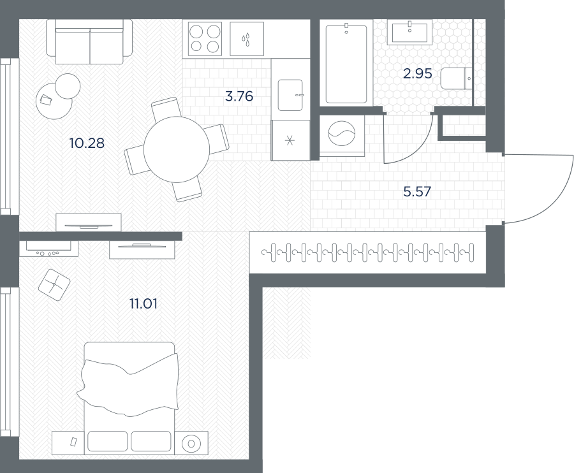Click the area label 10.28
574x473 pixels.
[87, 143]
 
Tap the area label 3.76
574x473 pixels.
[239, 96]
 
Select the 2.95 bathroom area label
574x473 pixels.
[418, 74]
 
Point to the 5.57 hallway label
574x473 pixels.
[417, 191]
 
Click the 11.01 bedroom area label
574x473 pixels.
[143, 303]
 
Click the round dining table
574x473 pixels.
[177, 149]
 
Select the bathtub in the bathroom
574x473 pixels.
[346, 64]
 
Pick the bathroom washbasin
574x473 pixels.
[409, 32]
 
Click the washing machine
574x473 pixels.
[342, 136]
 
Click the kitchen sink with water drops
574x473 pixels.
[247, 39]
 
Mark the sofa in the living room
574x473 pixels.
[89, 41]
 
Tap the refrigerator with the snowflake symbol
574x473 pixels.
[291, 140]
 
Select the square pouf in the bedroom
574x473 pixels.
[54, 284]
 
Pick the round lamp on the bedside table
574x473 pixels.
[191, 444]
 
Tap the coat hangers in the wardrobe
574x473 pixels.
[367, 252]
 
